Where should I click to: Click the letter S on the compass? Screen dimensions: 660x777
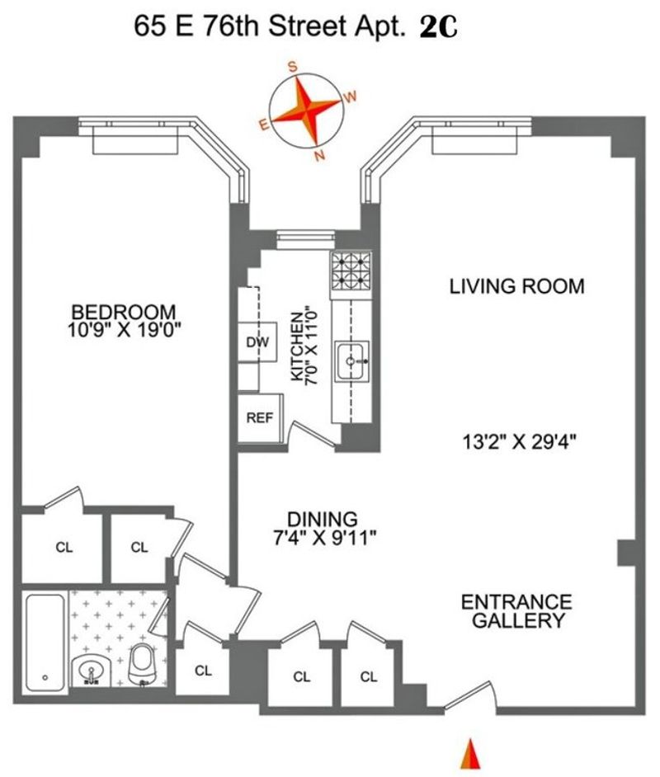(x=293, y=67)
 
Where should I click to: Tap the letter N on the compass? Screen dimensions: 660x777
(x=319, y=157)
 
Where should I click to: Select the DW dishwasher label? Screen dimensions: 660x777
(x=257, y=342)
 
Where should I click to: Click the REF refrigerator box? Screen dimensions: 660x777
(x=260, y=417)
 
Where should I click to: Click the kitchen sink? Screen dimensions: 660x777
(x=351, y=360)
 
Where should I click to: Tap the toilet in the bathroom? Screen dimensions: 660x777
(x=143, y=665)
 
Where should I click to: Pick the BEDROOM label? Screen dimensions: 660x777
(x=124, y=312)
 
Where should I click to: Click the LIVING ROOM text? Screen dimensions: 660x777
(x=516, y=286)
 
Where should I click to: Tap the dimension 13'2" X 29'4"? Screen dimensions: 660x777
(x=519, y=441)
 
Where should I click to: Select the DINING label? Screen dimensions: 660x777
(x=323, y=519)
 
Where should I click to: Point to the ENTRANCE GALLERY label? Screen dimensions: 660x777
(x=516, y=611)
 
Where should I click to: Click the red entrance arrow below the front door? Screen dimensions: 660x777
(x=471, y=754)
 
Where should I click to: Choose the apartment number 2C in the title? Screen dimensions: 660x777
(x=438, y=28)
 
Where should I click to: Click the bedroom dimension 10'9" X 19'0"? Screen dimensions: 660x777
(x=124, y=330)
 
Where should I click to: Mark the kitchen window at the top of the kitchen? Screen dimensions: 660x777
(x=306, y=239)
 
